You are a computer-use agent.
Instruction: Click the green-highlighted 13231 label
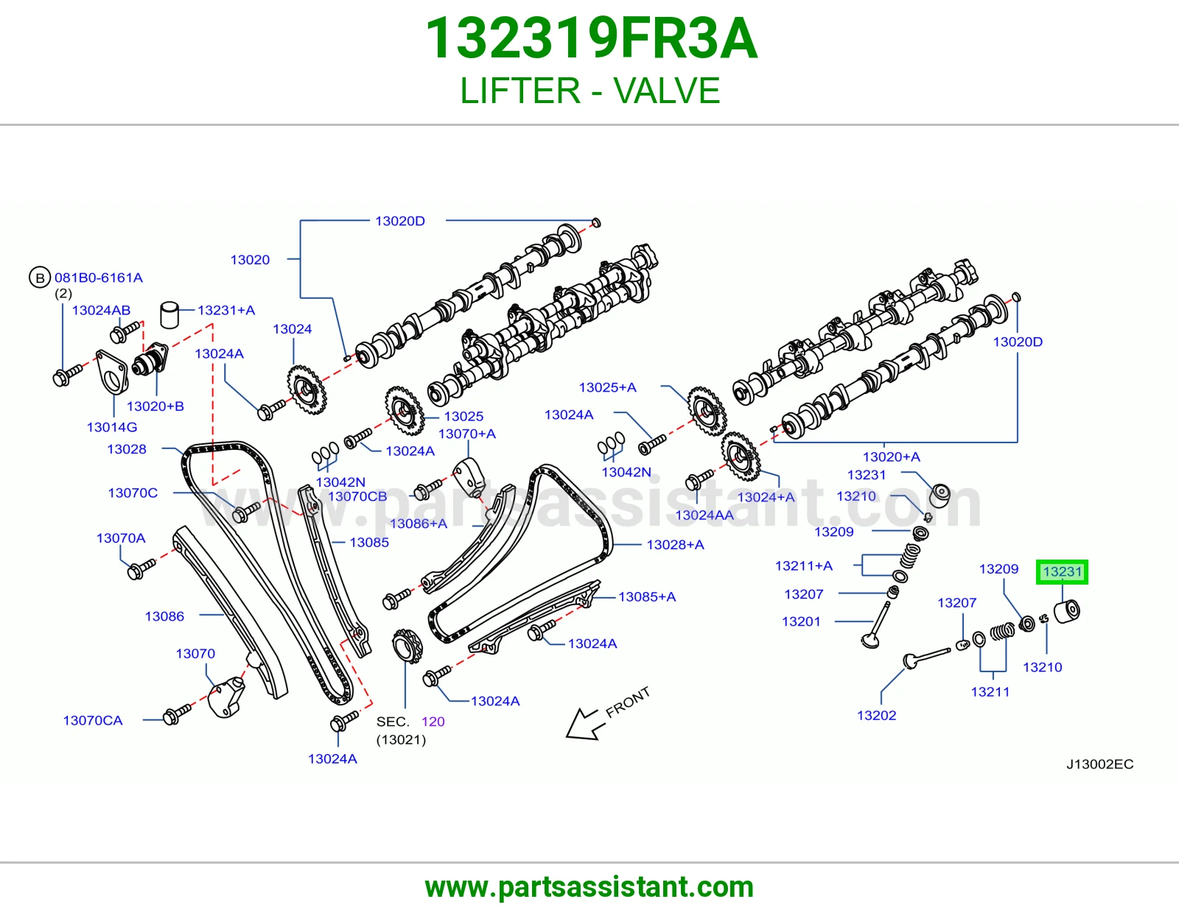(x=1062, y=572)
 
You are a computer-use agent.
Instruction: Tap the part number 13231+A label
(x=225, y=310)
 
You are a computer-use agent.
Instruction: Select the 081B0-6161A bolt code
(x=99, y=278)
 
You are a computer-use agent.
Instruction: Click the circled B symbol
(x=40, y=278)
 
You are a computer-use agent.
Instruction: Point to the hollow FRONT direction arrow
(x=581, y=725)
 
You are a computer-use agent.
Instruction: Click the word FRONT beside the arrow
(x=628, y=702)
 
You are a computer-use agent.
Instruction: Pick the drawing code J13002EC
(x=1099, y=764)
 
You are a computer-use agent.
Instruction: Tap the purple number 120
(x=433, y=722)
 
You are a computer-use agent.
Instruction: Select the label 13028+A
(x=676, y=545)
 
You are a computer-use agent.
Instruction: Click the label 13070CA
(x=93, y=721)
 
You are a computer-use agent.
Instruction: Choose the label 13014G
(x=112, y=427)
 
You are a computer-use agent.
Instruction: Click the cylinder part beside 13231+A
(x=169, y=315)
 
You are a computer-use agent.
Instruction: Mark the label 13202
(x=876, y=716)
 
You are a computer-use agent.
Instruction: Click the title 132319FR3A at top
(x=591, y=38)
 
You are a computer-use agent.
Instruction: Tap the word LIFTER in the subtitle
(x=520, y=91)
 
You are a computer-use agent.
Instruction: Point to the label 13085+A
(x=647, y=597)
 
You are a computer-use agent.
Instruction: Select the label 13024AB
(x=101, y=310)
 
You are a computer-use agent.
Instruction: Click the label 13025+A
(x=608, y=387)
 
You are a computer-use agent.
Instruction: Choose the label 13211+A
(x=803, y=566)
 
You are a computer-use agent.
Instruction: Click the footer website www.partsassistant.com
(x=589, y=887)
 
